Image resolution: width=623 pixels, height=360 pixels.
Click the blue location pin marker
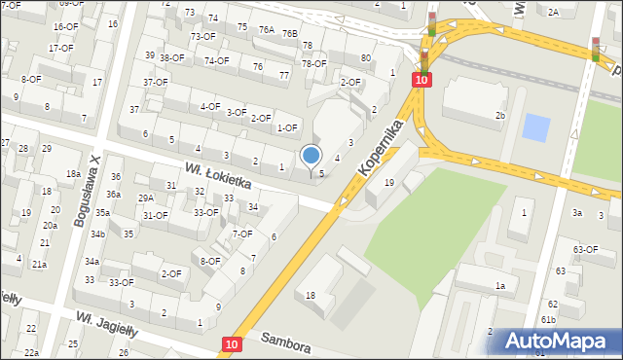(311, 156)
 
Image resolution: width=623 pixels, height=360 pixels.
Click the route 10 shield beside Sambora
(231, 343)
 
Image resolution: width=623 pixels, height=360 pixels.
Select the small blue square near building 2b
(535, 126)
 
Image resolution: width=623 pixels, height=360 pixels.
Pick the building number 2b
(500, 116)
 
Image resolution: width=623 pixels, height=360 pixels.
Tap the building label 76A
(267, 30)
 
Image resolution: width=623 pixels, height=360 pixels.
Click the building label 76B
(289, 33)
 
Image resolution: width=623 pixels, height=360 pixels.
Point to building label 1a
(499, 285)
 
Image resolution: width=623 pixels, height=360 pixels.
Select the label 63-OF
(585, 250)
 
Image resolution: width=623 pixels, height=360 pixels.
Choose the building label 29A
(145, 198)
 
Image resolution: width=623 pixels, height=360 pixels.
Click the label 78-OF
(313, 64)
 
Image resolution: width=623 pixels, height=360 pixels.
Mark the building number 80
(365, 58)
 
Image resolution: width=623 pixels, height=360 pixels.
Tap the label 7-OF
(242, 234)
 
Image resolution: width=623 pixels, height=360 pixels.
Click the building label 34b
(98, 234)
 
